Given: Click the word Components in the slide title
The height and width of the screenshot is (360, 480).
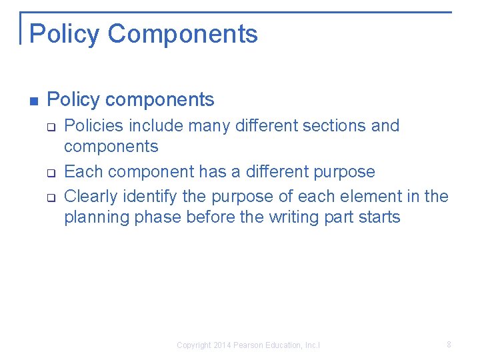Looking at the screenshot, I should coord(183,34).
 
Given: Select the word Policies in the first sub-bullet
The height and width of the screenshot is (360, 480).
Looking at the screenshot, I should coord(93,125).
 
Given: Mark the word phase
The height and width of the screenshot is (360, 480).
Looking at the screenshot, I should coord(157,217).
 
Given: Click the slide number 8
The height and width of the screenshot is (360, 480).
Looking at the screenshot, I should coord(449,345).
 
